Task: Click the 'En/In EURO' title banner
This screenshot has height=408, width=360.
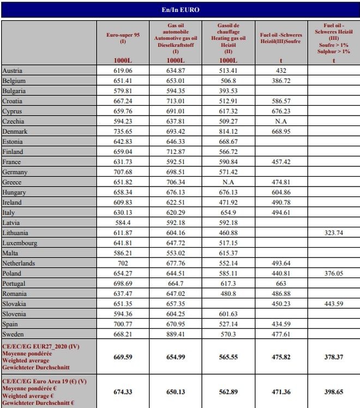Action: click(180, 10)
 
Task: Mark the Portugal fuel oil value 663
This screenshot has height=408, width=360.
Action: click(281, 283)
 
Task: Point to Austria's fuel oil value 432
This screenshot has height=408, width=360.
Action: click(281, 71)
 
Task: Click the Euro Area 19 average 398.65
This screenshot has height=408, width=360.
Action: click(333, 391)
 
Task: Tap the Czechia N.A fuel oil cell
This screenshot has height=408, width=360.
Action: click(281, 121)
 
